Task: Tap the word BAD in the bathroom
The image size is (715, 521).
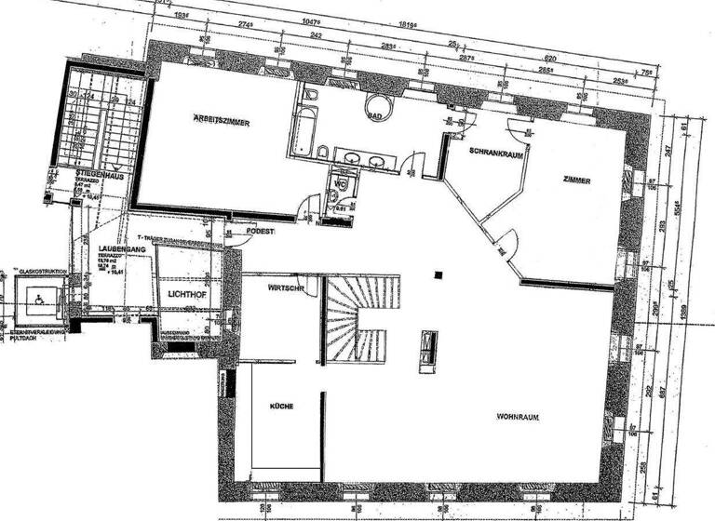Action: click(376, 116)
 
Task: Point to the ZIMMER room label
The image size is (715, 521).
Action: click(577, 179)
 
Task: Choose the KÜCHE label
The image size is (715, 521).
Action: click(282, 407)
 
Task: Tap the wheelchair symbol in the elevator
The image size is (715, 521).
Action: click(40, 297)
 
